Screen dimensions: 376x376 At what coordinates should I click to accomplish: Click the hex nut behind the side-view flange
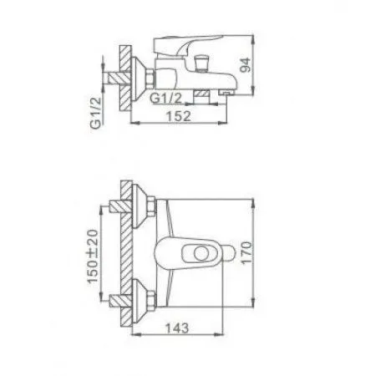click(150, 78)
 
